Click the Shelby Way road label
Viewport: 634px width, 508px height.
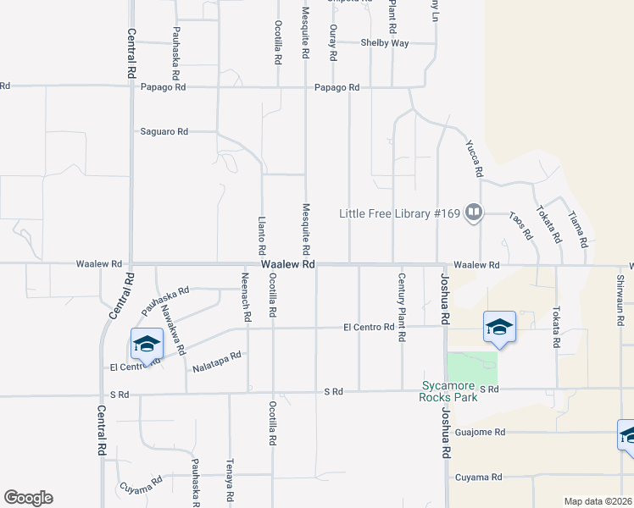[x=384, y=43]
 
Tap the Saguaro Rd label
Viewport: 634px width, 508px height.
[x=164, y=131]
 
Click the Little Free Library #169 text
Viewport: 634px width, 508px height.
[x=399, y=213]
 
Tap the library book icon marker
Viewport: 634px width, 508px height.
[x=473, y=213]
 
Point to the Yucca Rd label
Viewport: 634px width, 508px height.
[x=474, y=158]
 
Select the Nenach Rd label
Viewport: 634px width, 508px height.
[x=247, y=301]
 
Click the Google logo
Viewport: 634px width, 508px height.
[x=28, y=498]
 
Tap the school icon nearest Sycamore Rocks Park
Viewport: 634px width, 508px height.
[x=499, y=327]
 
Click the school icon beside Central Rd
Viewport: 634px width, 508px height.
[x=147, y=344]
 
